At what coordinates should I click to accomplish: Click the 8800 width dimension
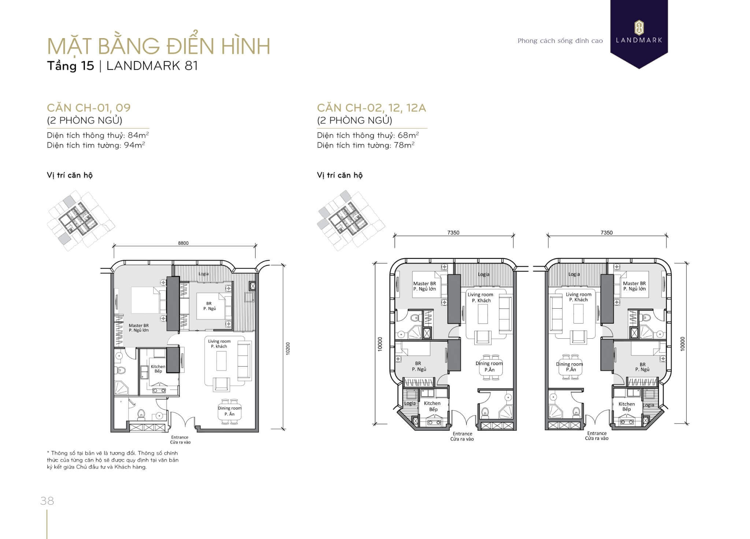point(183,243)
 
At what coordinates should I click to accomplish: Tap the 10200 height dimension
point(288,348)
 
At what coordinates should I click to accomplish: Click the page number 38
point(47,501)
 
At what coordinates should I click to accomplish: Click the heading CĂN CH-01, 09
point(89,108)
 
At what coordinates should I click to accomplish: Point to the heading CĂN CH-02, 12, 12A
point(372,108)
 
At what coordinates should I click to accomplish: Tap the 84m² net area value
point(138,135)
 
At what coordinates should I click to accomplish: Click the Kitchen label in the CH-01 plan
point(158,367)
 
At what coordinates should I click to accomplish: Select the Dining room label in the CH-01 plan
point(230,408)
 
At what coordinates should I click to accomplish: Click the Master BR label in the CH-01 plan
point(139,326)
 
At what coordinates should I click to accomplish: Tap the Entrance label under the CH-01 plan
point(180,437)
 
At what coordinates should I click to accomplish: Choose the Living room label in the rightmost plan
point(579,294)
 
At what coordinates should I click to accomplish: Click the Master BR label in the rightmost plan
point(634,283)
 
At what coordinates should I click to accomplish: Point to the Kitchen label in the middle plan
point(432,403)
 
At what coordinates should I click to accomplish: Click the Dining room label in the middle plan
point(489,363)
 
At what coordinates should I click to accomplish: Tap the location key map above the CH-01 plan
point(81,220)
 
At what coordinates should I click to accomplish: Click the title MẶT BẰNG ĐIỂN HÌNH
point(159,46)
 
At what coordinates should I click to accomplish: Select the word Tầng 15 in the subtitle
point(71,66)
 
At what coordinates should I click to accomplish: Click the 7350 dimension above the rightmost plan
point(606,233)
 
